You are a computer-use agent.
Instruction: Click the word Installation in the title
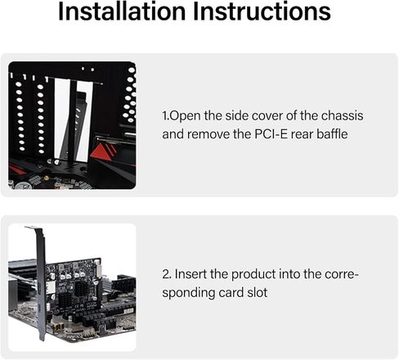[122, 11]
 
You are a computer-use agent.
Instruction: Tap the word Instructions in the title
[262, 11]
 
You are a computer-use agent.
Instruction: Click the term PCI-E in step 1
[271, 134]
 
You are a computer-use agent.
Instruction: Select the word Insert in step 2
[191, 274]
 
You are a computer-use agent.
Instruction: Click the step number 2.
[167, 274]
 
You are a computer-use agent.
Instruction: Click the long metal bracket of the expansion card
[41, 284]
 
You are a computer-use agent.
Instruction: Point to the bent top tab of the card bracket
[31, 227]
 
